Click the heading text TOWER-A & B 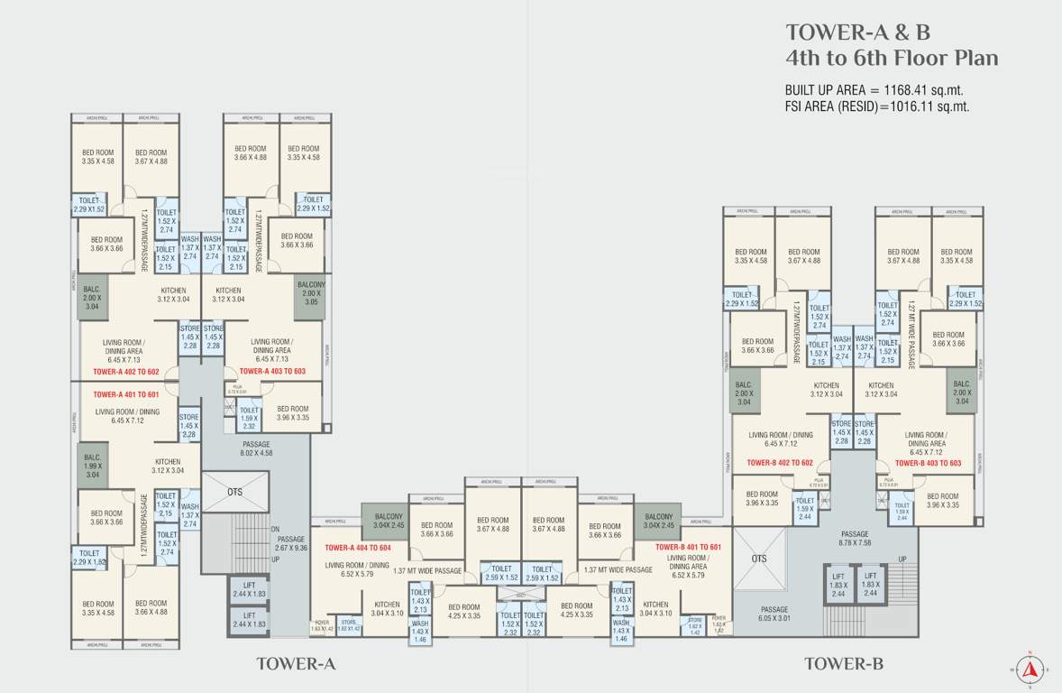[x=857, y=32]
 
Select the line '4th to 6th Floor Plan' [x=892, y=60]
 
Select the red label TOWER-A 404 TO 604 [x=358, y=548]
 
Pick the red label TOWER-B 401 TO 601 [x=689, y=547]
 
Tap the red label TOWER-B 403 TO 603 [x=928, y=463]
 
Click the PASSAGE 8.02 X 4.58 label [x=257, y=448]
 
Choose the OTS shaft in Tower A [x=234, y=493]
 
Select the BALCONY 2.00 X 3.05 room [x=311, y=295]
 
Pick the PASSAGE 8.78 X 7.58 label [x=855, y=539]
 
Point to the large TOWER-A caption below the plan [x=296, y=664]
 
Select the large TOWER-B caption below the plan [x=843, y=664]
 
